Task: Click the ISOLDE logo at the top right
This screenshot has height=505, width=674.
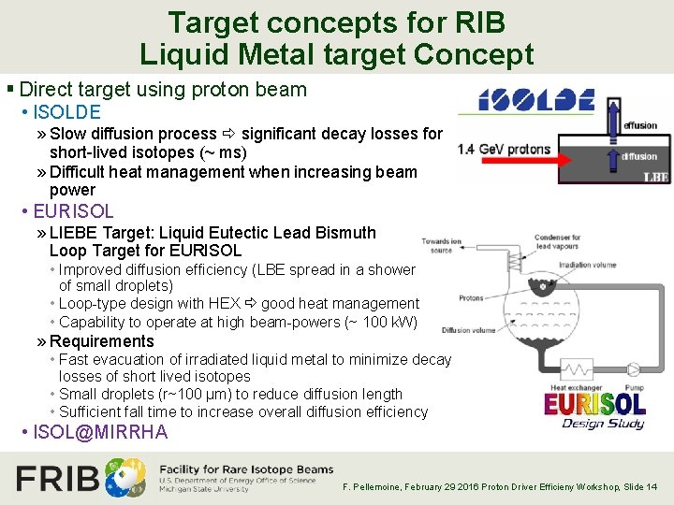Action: pos(536,100)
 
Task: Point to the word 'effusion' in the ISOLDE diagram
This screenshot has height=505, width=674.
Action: pos(640,125)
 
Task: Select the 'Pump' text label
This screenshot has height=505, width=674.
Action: pos(633,386)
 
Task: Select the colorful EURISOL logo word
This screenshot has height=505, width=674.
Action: pos(595,404)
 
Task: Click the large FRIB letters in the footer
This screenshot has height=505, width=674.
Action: pos(58,479)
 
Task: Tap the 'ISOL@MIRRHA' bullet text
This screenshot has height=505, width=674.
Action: pos(100,432)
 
